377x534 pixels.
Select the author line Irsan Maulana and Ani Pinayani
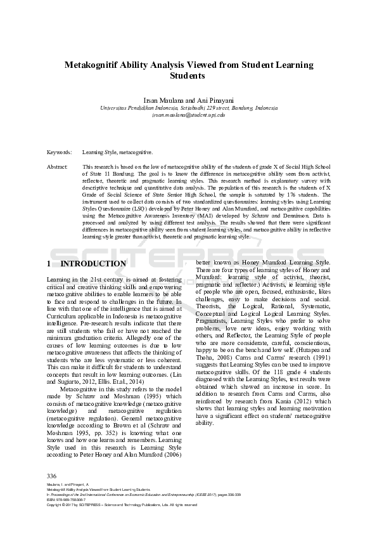coord(188,100)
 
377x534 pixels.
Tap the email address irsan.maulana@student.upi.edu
coord(188,115)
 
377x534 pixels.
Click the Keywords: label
coord(60,153)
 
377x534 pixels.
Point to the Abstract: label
coord(58,166)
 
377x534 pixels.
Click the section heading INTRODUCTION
coord(93,264)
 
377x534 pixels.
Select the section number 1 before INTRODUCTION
coord(50,264)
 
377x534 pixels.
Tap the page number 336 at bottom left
coord(52,475)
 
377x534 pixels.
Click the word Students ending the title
coord(188,75)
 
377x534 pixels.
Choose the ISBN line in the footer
coord(67,500)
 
